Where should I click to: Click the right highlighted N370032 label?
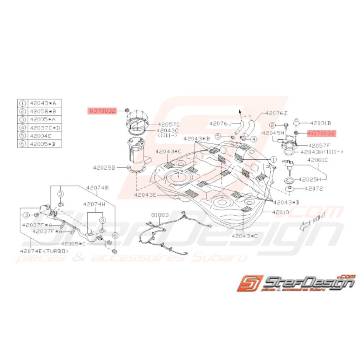point(321,134)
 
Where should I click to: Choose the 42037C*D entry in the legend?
point(44,128)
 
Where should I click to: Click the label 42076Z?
point(277,114)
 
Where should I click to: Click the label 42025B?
point(104,167)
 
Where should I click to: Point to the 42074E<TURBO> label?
point(45,251)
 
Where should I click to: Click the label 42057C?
point(169,125)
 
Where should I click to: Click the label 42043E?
point(146,196)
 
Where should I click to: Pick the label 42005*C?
point(73,244)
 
